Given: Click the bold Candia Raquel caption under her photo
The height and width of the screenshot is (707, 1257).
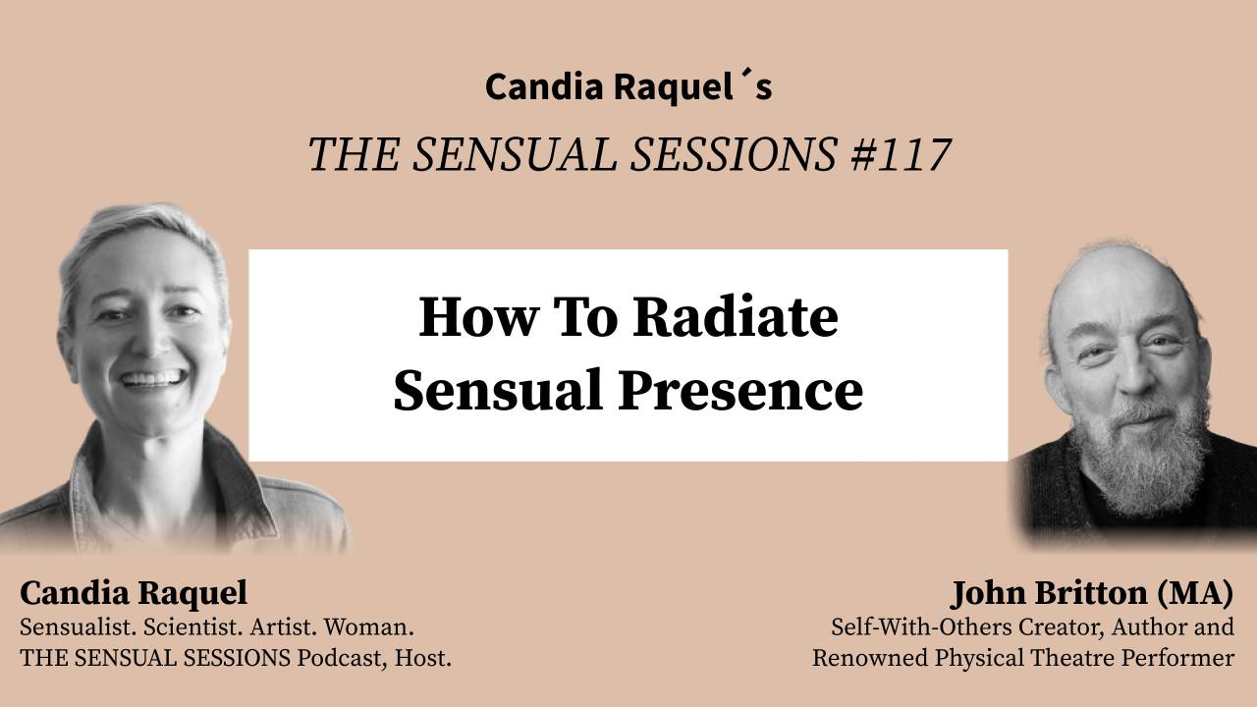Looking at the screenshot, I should click(x=134, y=593).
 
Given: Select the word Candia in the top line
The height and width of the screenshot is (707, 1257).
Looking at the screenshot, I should click(x=543, y=86).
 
